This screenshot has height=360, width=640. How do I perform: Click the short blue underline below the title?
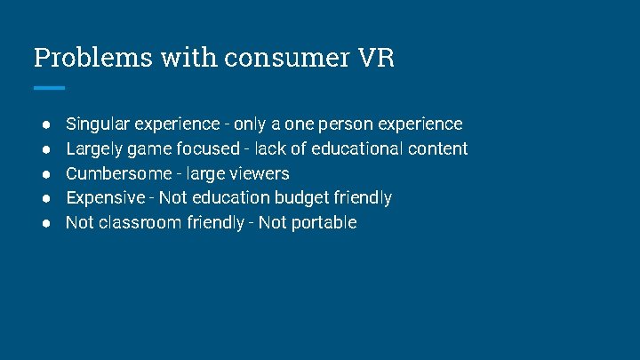tap(49, 87)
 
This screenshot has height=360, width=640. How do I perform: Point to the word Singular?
tap(97, 124)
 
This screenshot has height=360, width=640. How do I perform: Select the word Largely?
tap(94, 148)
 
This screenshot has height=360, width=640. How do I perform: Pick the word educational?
tap(356, 148)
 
